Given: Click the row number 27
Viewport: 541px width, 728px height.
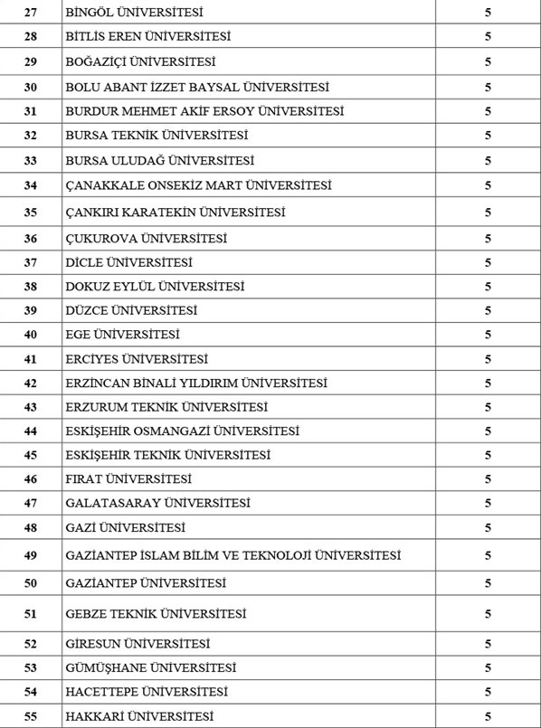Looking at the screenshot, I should point(31,13).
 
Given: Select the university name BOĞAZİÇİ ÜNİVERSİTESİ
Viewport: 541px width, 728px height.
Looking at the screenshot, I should point(140,61).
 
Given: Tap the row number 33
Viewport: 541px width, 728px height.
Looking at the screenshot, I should point(31,160).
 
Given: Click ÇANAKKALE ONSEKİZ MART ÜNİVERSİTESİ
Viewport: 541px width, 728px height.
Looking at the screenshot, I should point(198,185).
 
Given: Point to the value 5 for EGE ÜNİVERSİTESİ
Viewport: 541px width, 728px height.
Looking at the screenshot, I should point(488,335).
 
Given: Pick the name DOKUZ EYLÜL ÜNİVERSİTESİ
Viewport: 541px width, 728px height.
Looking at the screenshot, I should point(155,287).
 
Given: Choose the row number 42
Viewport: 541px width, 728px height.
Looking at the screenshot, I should point(31,383).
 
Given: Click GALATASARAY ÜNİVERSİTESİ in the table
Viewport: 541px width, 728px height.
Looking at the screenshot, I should point(157,503).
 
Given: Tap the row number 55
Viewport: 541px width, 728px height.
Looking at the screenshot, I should point(31,717).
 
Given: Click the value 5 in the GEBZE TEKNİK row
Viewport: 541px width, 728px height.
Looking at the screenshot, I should point(488,614).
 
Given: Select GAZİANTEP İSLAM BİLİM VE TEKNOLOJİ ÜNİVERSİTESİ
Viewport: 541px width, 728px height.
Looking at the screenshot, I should point(233,555).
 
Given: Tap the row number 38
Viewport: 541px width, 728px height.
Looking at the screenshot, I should point(31,287).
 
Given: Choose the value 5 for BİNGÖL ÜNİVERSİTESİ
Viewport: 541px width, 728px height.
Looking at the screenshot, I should point(488,13).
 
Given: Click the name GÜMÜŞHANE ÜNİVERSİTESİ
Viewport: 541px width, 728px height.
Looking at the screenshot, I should point(150,668).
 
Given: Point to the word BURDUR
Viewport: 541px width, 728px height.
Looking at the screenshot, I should point(91,111).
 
